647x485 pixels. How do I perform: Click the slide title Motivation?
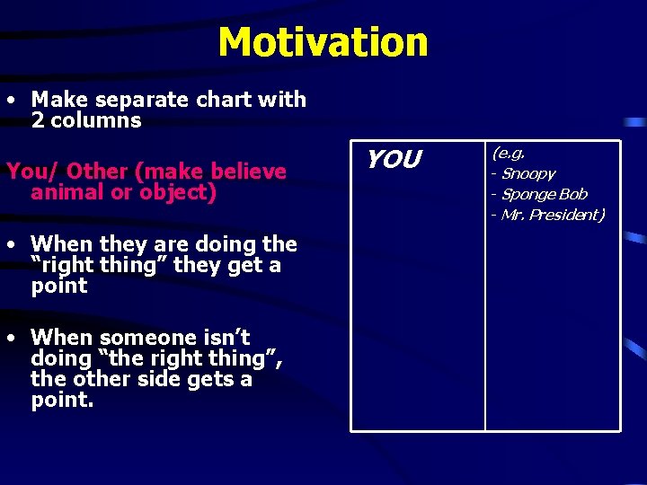click(x=323, y=41)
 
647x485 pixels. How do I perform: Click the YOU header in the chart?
click(x=393, y=160)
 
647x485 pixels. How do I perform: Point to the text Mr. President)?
click(x=553, y=215)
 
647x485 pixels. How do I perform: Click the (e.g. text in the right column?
click(x=508, y=154)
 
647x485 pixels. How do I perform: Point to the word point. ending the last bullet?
click(x=62, y=401)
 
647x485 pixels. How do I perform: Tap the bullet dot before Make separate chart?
click(x=8, y=101)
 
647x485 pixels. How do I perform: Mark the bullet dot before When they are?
click(x=8, y=245)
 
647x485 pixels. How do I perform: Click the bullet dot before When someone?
click(x=8, y=339)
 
